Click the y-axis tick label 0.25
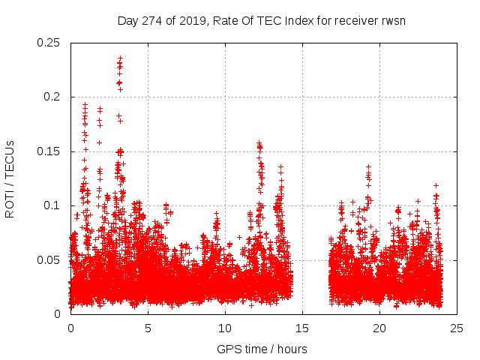point(49,43)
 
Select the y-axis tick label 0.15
point(49,151)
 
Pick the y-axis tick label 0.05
point(49,259)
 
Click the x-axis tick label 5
point(148,328)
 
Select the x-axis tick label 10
point(226,328)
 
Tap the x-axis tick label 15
point(303,328)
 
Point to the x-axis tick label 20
point(380,328)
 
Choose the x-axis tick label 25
point(457,328)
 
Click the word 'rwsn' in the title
point(392,20)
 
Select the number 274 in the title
point(154,20)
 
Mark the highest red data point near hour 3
point(120,57)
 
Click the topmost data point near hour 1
point(85,104)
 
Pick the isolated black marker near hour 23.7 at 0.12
point(436,185)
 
